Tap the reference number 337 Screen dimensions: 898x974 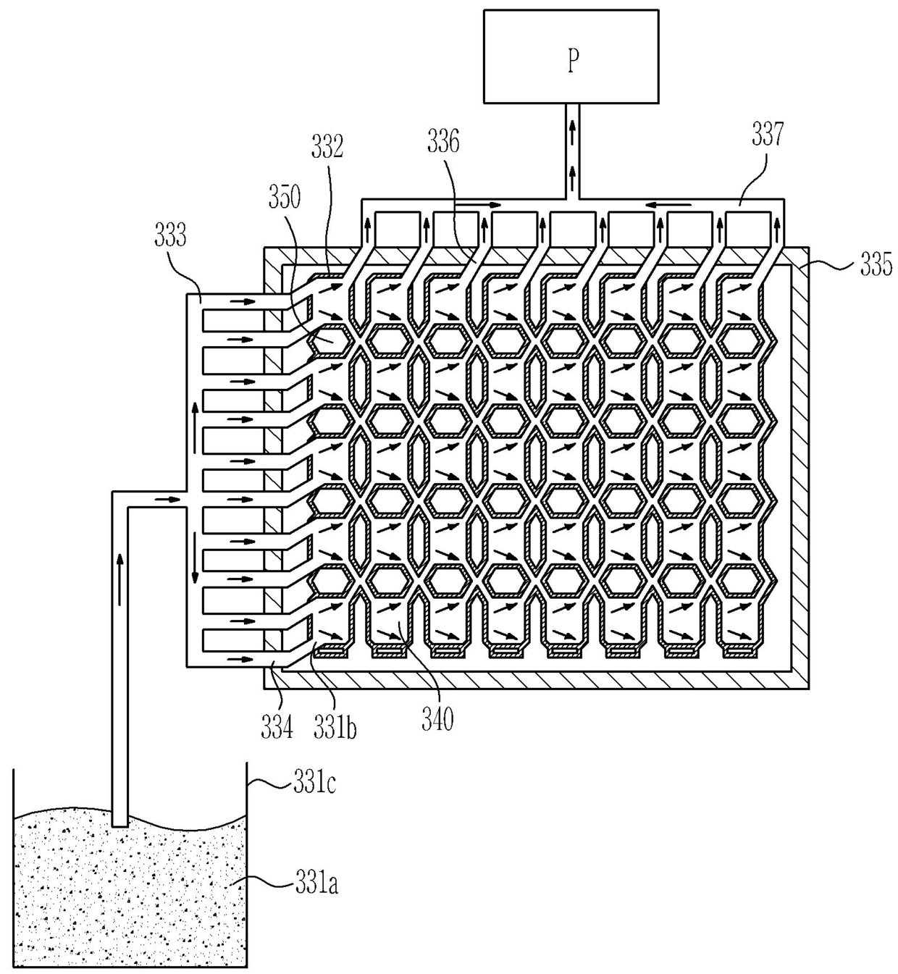point(768,134)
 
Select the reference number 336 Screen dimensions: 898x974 point(443,142)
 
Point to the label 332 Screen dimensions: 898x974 point(327,146)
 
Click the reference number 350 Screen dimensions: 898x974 point(285,198)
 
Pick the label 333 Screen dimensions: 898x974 point(170,235)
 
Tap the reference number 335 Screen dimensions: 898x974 point(876,266)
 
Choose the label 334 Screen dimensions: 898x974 point(277,727)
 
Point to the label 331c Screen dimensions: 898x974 point(315,784)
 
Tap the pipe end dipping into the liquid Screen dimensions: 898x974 point(119,824)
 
